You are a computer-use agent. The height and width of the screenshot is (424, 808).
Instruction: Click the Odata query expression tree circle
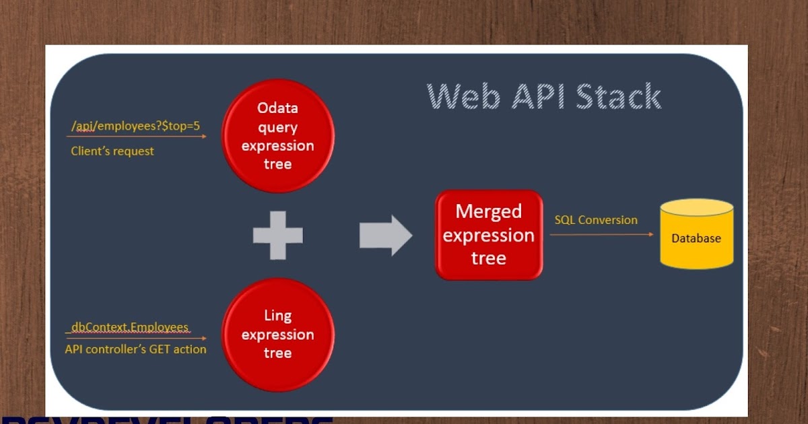click(x=277, y=136)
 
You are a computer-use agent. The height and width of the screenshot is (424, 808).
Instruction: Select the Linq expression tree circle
click(x=277, y=334)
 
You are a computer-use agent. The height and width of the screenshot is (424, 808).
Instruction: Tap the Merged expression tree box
click(x=489, y=235)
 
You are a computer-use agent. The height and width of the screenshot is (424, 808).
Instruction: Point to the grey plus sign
click(x=277, y=235)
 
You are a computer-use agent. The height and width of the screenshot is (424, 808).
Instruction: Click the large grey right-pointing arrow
click(x=385, y=235)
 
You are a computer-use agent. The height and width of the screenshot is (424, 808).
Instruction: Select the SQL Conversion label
click(x=595, y=220)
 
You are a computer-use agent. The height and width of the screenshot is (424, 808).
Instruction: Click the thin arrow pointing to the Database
click(x=601, y=234)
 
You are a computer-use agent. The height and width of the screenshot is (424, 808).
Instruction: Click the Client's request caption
click(x=112, y=151)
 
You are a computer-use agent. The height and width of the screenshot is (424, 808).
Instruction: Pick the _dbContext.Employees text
click(x=129, y=327)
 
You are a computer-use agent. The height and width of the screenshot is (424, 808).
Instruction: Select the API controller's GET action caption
click(x=135, y=349)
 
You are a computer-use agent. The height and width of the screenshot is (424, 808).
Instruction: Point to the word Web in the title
click(x=465, y=96)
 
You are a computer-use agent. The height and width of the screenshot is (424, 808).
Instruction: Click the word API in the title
click(x=536, y=96)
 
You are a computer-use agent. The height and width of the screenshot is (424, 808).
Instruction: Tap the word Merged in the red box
click(x=489, y=211)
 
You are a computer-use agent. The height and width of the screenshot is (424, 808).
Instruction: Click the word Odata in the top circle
click(x=277, y=108)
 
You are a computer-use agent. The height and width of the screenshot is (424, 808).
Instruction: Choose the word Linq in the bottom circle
click(x=277, y=316)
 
